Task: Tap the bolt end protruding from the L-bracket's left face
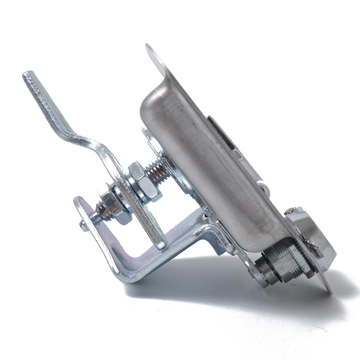coord(84,226)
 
